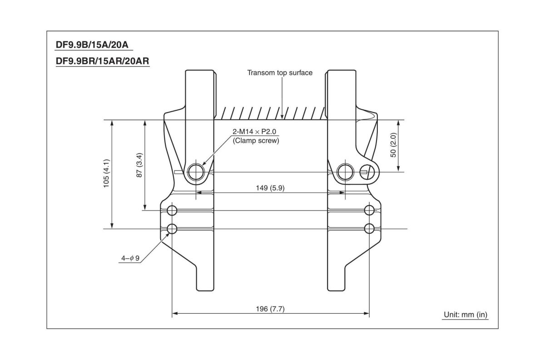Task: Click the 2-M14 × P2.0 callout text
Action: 255,132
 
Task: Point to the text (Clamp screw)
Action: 255,141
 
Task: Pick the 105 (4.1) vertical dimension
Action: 106,173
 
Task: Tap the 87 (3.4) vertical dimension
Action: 140,165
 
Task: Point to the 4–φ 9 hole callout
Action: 130,258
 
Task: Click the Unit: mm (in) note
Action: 466,315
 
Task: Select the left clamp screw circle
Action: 196,171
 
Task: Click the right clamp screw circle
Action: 345,171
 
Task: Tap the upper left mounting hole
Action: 172,210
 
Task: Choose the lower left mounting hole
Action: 172,229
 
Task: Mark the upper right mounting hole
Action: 370,210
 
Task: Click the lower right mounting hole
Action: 370,228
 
